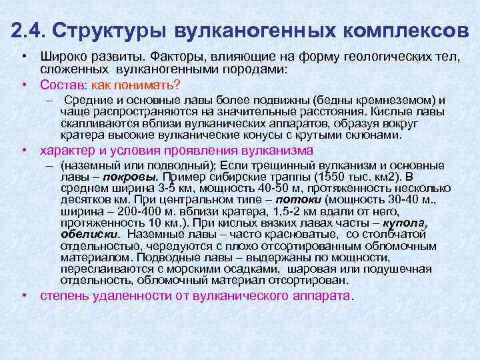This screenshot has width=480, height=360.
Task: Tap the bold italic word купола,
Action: pos(404,223)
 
